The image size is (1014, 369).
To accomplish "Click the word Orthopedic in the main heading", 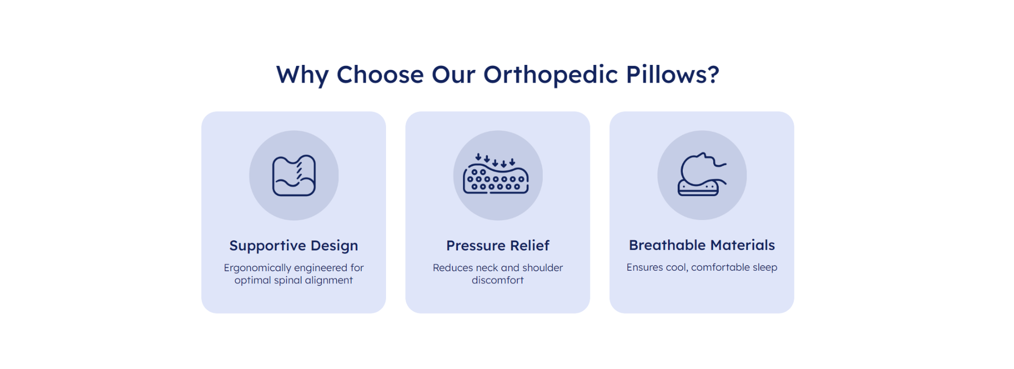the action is coord(550,76).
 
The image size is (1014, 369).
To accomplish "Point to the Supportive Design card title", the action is coord(294,246).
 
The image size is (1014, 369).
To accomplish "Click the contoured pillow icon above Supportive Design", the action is coord(294,175).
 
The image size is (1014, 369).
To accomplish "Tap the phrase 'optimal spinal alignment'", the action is coord(294,281).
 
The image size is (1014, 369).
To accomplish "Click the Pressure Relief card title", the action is coord(498,245).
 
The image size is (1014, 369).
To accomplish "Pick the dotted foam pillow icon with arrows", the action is coord(496,174).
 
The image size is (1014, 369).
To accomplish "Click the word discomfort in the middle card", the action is coord(498,280).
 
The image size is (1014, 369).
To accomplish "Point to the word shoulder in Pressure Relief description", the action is coord(542,268).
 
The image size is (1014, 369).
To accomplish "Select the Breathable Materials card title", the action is coord(702,245).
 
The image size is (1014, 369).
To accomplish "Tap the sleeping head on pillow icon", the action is coord(702,174).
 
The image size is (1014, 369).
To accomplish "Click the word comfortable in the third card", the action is coord(720,267).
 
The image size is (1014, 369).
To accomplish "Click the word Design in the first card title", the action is coord(334,246).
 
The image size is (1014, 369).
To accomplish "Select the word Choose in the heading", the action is coord(380,75).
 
